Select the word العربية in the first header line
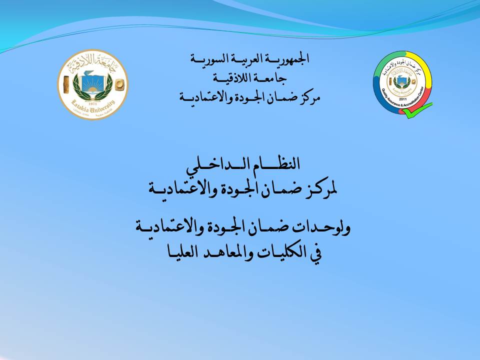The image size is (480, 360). [249, 58]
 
